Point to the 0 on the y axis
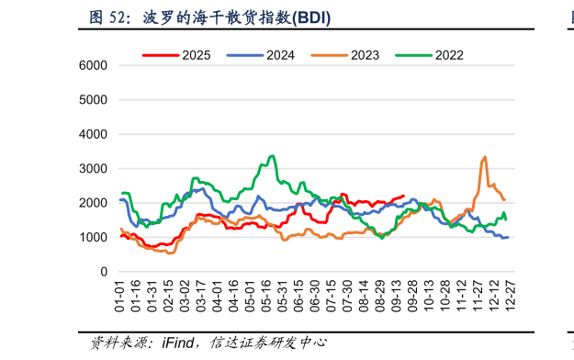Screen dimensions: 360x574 coord(105,273)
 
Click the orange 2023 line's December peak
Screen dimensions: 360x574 coord(484,157)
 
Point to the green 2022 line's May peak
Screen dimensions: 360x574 coord(272,156)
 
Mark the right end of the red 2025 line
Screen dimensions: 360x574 coord(403,196)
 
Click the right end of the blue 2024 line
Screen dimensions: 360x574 coord(508,237)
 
